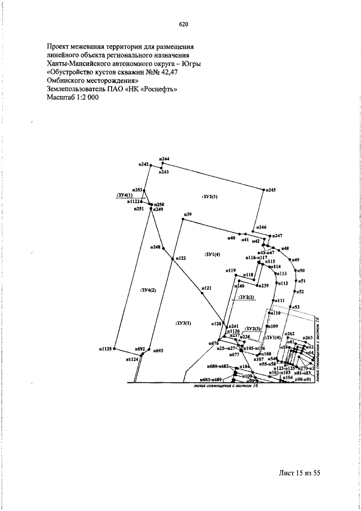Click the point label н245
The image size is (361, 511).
tap(271, 190)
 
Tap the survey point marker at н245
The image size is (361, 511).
tap(264, 190)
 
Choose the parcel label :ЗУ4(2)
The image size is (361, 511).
tap(148, 290)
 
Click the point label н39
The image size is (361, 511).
tap(187, 214)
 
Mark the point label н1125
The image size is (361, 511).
tap(106, 349)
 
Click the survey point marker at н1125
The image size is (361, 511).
tap(114, 349)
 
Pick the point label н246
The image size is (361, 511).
tap(261, 227)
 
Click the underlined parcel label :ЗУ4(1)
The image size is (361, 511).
tap(124, 195)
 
